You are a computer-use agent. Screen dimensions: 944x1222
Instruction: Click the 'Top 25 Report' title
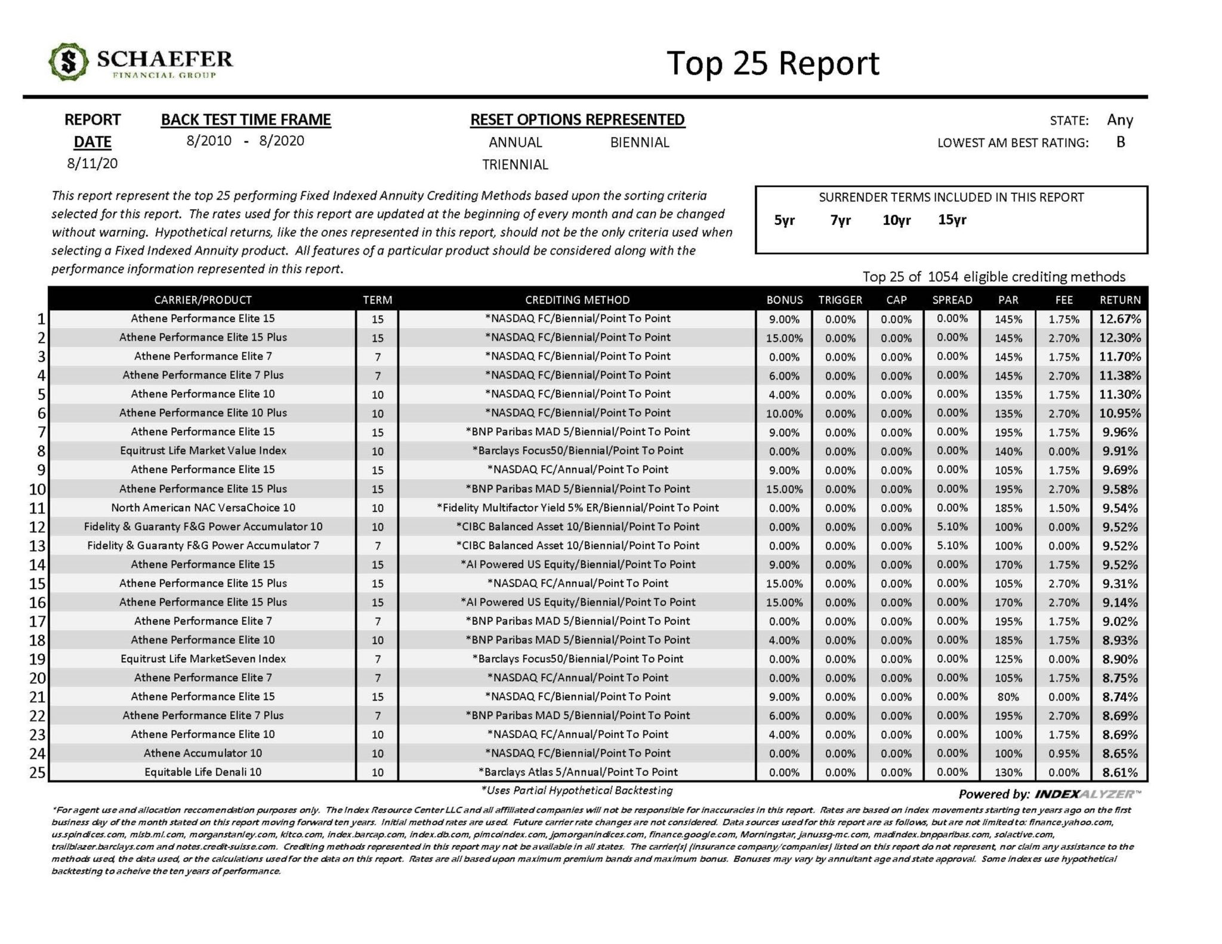pyautogui.click(x=773, y=63)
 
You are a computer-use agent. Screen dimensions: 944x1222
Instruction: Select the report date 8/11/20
pyautogui.click(x=92, y=163)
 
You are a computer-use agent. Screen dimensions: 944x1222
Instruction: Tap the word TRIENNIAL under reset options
pyautogui.click(x=515, y=165)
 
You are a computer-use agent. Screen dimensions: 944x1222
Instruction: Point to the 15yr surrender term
pyautogui.click(x=952, y=220)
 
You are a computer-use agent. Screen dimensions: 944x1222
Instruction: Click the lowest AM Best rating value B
pyautogui.click(x=1120, y=142)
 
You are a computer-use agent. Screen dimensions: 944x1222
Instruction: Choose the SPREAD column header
pyautogui.click(x=952, y=300)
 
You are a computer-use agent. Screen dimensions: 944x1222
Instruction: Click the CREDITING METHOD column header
pyautogui.click(x=577, y=300)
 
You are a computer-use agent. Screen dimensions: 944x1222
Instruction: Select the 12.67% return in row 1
pyautogui.click(x=1120, y=319)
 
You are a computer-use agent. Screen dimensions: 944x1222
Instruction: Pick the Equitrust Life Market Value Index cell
pyautogui.click(x=203, y=451)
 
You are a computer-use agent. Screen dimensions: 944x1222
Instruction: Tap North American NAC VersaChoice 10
pyautogui.click(x=203, y=508)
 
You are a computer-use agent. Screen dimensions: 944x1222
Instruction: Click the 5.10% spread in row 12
pyautogui.click(x=952, y=527)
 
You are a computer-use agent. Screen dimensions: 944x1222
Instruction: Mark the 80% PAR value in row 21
pyautogui.click(x=1008, y=697)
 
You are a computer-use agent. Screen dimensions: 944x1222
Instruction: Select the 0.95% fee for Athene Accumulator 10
pyautogui.click(x=1064, y=754)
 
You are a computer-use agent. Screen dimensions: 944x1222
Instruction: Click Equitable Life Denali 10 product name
pyautogui.click(x=203, y=772)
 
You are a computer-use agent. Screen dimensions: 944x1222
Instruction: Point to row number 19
pyautogui.click(x=37, y=659)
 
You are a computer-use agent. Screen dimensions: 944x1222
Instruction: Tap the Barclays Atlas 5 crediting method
pyautogui.click(x=577, y=772)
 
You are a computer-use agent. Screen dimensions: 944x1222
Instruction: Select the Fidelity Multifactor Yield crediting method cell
pyautogui.click(x=577, y=508)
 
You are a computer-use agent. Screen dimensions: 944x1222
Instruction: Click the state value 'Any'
pyautogui.click(x=1119, y=120)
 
